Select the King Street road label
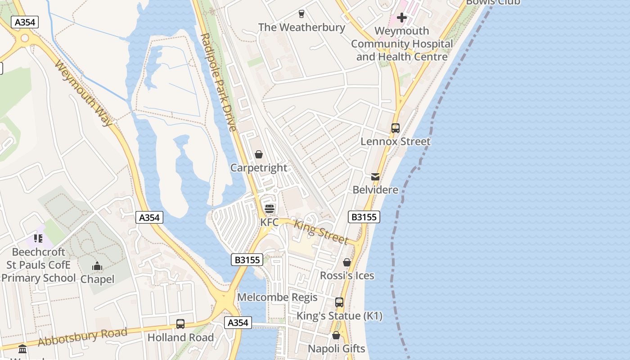pos(321,231)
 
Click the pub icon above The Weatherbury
pos(301,14)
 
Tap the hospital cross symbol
pos(402,18)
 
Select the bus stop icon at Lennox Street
pos(396,128)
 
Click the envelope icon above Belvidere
pos(375,177)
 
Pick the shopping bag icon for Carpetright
pos(259,155)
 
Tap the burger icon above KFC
pos(270,209)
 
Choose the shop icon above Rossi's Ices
pos(347,262)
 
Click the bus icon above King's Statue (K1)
pos(339,302)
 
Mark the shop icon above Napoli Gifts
pos(336,335)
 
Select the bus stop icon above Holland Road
pos(180,324)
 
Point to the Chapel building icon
pos(97,266)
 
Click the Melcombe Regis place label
pos(277,297)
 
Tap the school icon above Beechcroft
pos(38,238)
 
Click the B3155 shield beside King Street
pos(364,217)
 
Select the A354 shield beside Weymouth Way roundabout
pos(25,22)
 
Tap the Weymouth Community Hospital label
pos(402,44)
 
